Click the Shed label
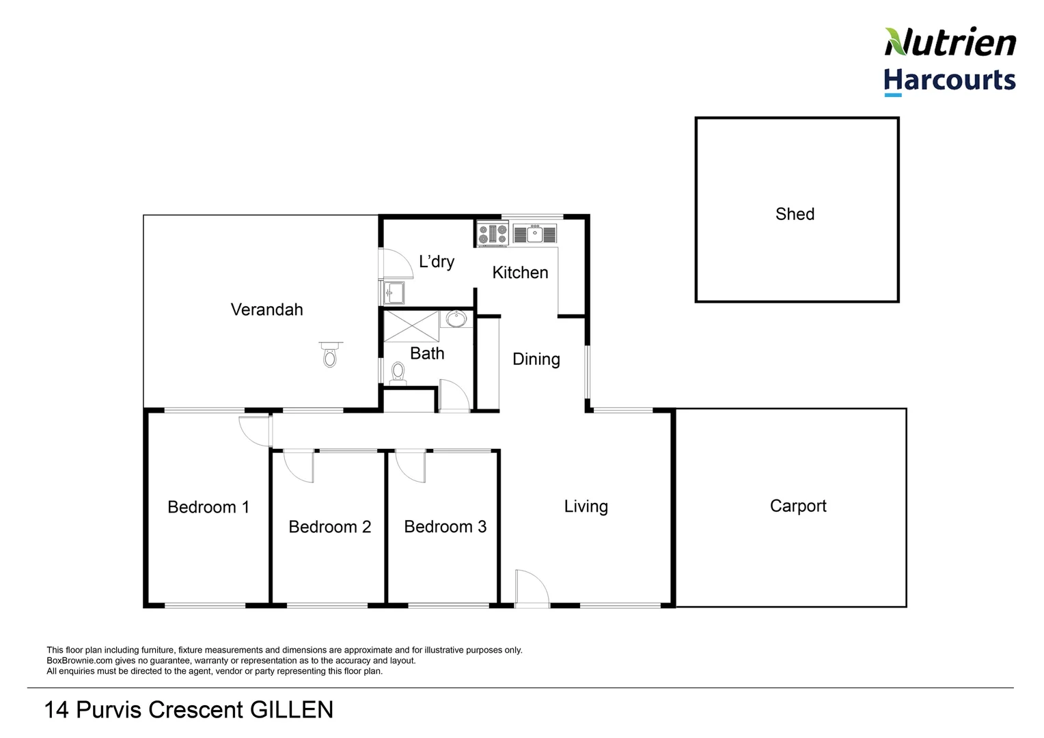(x=795, y=214)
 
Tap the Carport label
(x=797, y=506)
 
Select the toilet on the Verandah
(x=330, y=355)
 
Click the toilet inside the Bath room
(x=398, y=373)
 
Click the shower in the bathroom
(x=411, y=325)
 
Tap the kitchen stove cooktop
(x=493, y=234)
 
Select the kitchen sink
(x=535, y=234)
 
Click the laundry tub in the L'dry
(x=394, y=293)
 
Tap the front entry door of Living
(x=532, y=588)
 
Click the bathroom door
(x=454, y=396)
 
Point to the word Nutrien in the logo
(x=950, y=42)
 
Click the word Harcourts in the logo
(x=949, y=80)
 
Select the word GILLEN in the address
(x=292, y=710)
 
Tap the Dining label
(x=536, y=359)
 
